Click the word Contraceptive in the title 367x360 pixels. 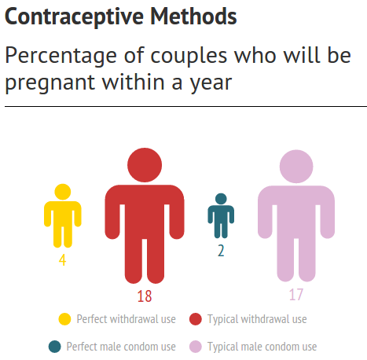pos(74,17)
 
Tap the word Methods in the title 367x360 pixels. pos(193,17)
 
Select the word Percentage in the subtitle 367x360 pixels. pos(61,57)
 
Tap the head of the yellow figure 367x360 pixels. pos(63,192)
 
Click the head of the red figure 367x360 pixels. pos(145,165)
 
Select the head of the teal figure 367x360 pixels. pos(221,199)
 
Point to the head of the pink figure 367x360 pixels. pos(296,167)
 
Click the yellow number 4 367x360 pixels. pos(62,260)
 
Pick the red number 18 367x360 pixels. pos(145,296)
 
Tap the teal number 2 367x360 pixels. pos(221,251)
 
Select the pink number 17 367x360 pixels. pos(296,295)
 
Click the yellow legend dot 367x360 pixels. pos(64,319)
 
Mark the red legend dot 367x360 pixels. pos(196,319)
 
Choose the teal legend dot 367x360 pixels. pos(55,347)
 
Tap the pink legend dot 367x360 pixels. pos(196,347)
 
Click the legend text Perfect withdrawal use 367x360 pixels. pos(126,319)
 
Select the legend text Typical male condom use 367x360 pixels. pos(262,347)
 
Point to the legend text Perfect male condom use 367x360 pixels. pos(121,347)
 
